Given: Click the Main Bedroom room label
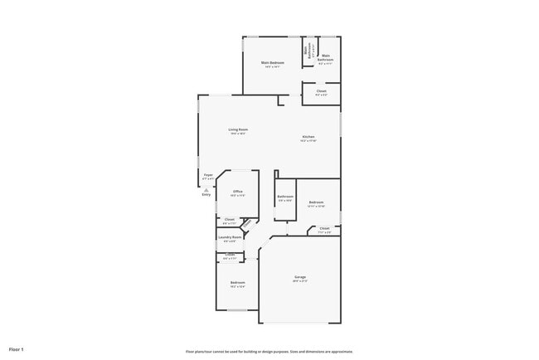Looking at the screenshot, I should coord(273,63).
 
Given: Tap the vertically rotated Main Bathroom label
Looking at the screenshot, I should coord(306,50).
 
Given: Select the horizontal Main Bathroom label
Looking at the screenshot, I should coord(326,58).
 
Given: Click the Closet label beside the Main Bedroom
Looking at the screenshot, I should coord(321,91).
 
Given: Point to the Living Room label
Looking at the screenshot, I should coord(239,129).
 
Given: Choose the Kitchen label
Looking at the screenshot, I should coord(308,136).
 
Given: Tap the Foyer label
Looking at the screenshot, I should coord(208,175).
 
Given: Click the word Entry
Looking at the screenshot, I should coord(206,194).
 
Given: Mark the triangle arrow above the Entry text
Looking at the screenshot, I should coord(206,188).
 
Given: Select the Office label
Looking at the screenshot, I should coord(237,192).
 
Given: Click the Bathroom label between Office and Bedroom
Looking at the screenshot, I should coord(285,197).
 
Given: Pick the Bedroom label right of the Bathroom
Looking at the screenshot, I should coord(316,202).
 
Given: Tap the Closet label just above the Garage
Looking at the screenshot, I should coord(324,228).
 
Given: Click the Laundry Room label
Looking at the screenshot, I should coord(231,237).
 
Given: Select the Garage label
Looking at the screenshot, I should coord(300,277).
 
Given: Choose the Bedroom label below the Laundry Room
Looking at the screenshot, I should coord(237,283).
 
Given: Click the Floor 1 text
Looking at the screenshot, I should coord(17,349).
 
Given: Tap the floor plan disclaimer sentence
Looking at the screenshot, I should coord(269,352).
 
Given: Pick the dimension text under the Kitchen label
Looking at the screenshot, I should coord(308,141).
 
